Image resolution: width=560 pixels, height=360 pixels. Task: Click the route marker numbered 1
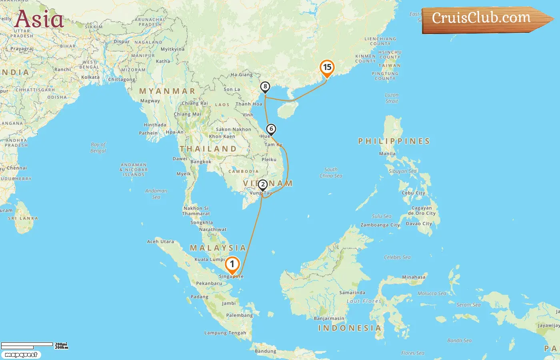click(x=232, y=264)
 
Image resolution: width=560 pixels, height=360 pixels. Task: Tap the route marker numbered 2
click(x=263, y=185)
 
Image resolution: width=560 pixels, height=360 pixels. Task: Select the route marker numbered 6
click(x=271, y=129)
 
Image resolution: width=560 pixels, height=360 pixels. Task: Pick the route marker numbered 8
click(x=265, y=87)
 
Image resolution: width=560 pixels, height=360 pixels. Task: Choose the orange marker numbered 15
click(x=327, y=68)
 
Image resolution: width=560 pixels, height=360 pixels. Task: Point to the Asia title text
click(x=39, y=19)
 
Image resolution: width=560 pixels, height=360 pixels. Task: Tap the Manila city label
click(x=387, y=154)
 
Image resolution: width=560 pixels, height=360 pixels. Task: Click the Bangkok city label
click(x=201, y=162)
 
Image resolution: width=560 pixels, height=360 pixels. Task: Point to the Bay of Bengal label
click(x=98, y=148)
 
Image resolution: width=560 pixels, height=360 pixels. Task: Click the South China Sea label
click(x=331, y=172)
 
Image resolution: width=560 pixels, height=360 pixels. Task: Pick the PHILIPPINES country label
click(x=394, y=141)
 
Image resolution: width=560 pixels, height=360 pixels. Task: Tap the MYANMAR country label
click(x=167, y=91)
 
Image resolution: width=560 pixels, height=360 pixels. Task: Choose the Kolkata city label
click(x=90, y=77)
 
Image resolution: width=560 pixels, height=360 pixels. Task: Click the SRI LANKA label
click(x=23, y=218)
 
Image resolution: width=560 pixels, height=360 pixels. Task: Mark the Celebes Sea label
click(x=397, y=257)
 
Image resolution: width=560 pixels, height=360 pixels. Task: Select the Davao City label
click(x=419, y=224)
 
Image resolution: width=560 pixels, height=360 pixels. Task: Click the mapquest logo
click(x=21, y=354)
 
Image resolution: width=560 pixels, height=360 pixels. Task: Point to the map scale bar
click(x=27, y=345)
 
